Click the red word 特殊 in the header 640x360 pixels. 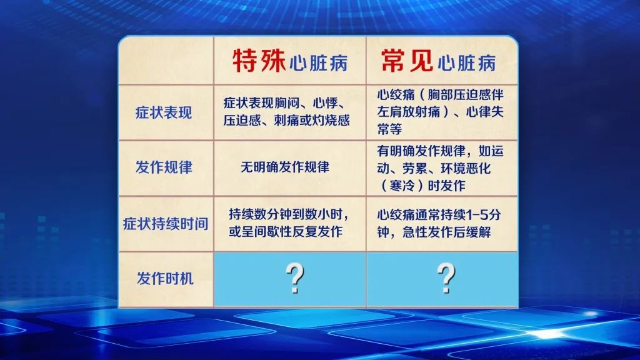click(259, 61)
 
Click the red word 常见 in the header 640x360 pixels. click(406, 61)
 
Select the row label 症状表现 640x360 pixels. click(164, 112)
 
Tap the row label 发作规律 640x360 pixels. click(164, 167)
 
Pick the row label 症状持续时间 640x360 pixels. click(166, 224)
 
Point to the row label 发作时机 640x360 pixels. click(165, 278)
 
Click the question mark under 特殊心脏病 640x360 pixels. click(295, 278)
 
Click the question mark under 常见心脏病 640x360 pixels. click(446, 278)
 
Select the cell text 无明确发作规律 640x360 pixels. click(285, 167)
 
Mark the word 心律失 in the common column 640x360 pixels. click(485, 112)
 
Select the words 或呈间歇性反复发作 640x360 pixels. click(285, 231)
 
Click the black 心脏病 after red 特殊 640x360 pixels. click(318, 64)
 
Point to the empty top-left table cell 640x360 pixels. click(166, 61)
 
